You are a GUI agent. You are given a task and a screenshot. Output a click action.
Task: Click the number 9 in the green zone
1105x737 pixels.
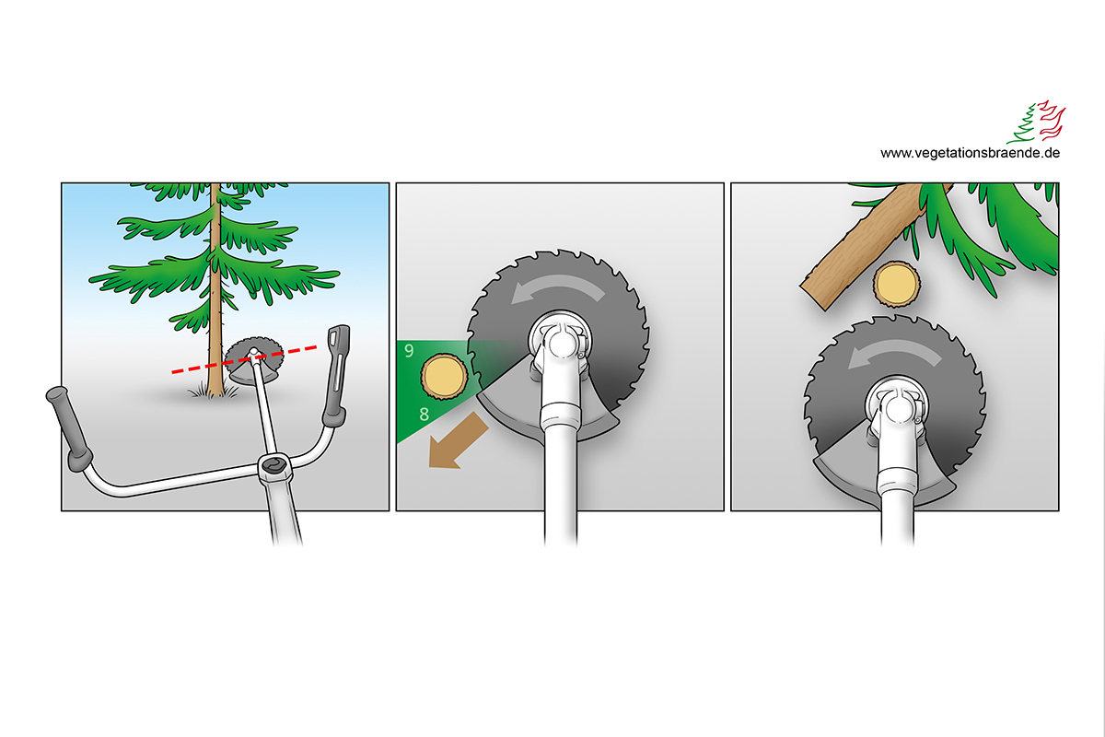409,350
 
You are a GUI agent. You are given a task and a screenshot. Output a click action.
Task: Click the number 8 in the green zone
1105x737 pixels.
424,414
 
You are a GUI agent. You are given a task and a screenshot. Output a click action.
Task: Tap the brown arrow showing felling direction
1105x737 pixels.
458,441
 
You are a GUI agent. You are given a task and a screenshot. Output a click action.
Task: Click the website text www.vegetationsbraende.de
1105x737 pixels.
970,153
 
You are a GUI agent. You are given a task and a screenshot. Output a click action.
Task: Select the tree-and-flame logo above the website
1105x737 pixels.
1036,122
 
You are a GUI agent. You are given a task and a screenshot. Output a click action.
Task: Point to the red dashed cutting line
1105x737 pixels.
244,359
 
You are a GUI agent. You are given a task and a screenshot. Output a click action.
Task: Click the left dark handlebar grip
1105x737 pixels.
69,428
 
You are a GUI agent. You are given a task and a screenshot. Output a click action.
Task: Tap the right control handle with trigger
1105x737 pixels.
336,375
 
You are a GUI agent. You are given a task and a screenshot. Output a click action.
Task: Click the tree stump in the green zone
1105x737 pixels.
444,376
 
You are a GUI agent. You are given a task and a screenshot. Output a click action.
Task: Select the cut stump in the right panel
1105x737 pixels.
896,285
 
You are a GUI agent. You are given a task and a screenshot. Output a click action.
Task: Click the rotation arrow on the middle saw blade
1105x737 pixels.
557,287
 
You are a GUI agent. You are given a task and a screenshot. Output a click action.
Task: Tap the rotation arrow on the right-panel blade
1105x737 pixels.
894,354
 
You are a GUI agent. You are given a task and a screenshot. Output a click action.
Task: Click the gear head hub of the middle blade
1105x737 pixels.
560,341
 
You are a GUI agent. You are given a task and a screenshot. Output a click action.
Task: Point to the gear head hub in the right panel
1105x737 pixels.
896,407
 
